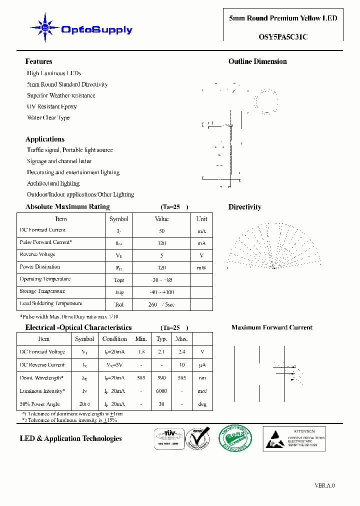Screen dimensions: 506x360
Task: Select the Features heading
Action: (x=38, y=61)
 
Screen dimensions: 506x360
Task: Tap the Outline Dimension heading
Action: (x=257, y=61)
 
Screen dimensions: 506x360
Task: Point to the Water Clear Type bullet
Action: (x=48, y=118)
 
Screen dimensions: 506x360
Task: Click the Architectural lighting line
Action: (x=53, y=183)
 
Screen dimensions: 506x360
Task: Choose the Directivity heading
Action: (x=244, y=207)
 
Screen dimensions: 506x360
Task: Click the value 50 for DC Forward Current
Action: (x=161, y=231)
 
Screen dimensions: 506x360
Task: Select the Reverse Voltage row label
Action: (x=37, y=254)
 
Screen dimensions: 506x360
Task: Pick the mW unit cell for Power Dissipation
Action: (x=201, y=268)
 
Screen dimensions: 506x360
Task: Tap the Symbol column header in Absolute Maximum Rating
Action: (x=119, y=219)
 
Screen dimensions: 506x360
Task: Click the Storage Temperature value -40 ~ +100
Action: (x=161, y=292)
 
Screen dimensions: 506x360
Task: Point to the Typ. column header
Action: (x=161, y=339)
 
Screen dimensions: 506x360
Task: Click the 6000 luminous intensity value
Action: (x=161, y=391)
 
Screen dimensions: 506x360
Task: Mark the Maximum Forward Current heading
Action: (x=271, y=327)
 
